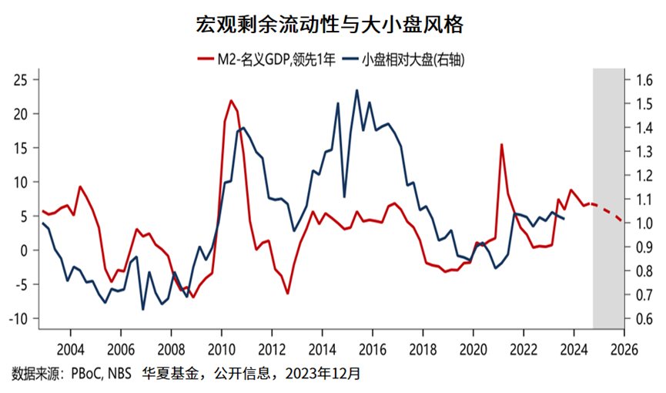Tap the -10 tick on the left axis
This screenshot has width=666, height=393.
[18, 318]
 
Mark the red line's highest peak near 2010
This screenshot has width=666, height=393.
[231, 101]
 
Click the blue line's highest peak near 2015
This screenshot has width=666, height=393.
[356, 90]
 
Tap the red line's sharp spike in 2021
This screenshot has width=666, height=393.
[501, 145]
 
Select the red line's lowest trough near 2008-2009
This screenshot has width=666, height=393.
[192, 297]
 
